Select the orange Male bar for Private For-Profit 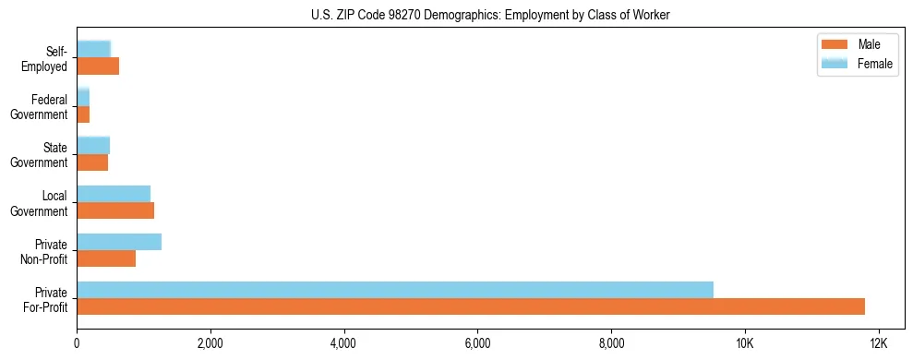[471, 306]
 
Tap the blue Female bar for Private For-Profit [395, 290]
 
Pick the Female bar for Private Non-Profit [119, 242]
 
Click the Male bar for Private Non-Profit [106, 258]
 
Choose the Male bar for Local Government [115, 210]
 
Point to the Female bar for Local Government [114, 194]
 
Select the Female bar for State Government [93, 145]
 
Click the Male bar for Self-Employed [98, 66]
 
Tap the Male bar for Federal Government [83, 114]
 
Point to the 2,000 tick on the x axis [210, 342]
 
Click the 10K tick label [744, 342]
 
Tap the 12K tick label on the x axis [878, 342]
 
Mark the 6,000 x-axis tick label [477, 342]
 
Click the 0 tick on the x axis [77, 342]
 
